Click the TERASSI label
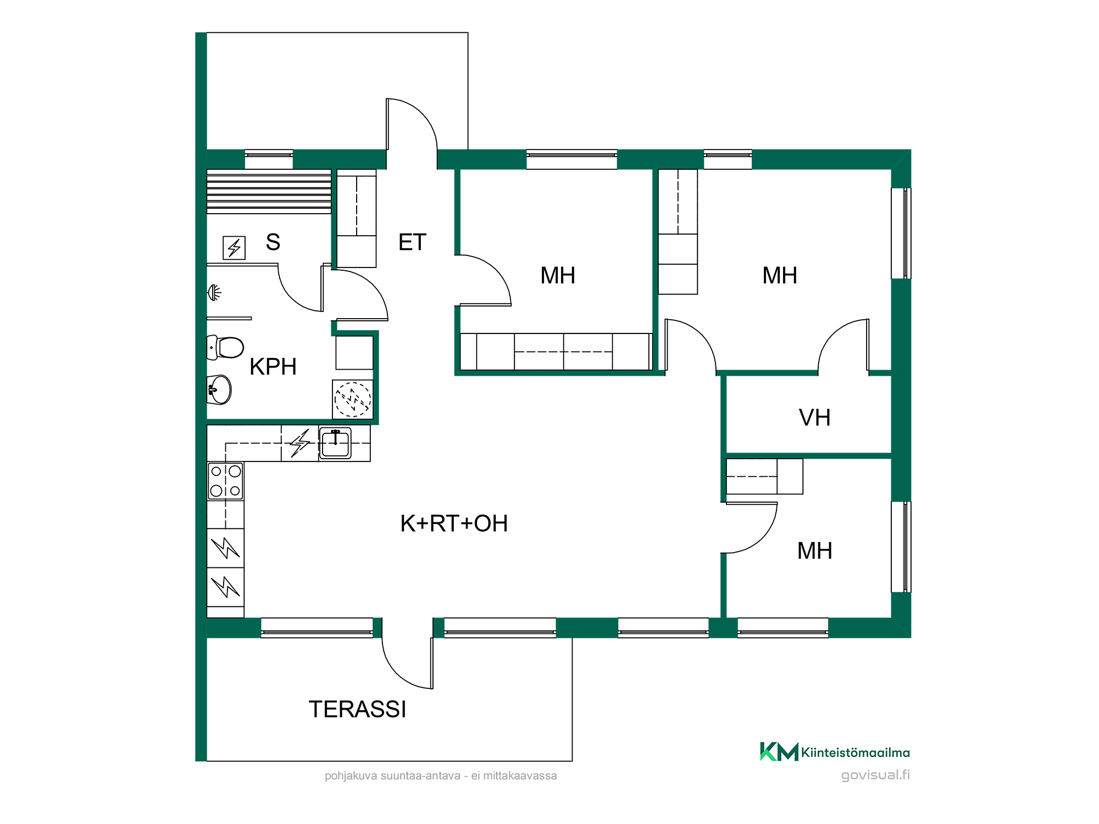pyautogui.click(x=357, y=709)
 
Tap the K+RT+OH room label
pyautogui.click(x=454, y=524)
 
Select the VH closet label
pyautogui.click(x=814, y=417)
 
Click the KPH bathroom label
pyautogui.click(x=273, y=366)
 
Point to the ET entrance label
pyautogui.click(x=412, y=242)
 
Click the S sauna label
pyautogui.click(x=273, y=242)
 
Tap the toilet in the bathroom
pyautogui.click(x=225, y=348)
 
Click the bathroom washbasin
pyautogui.click(x=219, y=389)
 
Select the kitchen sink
pyautogui.click(x=335, y=443)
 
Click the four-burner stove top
pyautogui.click(x=225, y=481)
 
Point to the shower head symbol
pyautogui.click(x=214, y=293)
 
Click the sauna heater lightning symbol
pyautogui.click(x=234, y=248)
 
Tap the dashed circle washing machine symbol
pyautogui.click(x=353, y=399)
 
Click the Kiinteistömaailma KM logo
pyautogui.click(x=779, y=751)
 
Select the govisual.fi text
pyautogui.click(x=875, y=775)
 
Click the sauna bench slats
pyautogui.click(x=269, y=192)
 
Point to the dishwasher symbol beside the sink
pyautogui.click(x=300, y=443)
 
